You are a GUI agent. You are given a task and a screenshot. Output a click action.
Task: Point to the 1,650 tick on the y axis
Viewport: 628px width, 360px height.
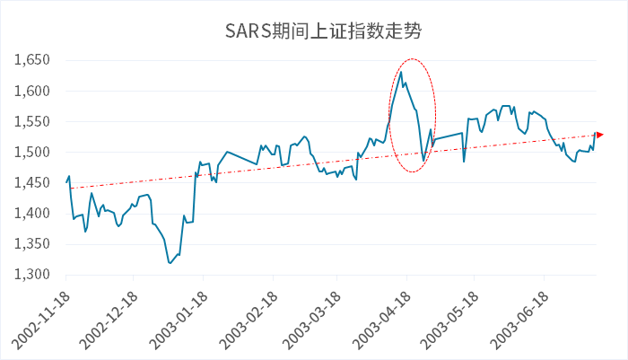[33, 60]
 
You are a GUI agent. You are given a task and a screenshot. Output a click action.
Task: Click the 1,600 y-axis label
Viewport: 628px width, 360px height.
[33, 91]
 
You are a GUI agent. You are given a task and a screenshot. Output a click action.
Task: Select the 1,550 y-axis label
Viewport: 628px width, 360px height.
[33, 121]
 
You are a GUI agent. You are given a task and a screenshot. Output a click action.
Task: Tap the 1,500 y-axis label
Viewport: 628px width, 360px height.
[33, 152]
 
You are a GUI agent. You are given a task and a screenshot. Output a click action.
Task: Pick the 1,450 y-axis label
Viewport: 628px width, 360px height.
[33, 183]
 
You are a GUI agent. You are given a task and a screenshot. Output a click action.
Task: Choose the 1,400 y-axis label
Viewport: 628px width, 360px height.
[33, 214]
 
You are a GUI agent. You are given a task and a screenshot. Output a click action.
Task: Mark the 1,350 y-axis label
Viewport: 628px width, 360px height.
[33, 244]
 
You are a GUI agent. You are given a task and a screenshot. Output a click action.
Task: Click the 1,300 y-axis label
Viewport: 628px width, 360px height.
[33, 275]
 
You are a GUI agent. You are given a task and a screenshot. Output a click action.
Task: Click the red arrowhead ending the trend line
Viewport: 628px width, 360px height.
[600, 135]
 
